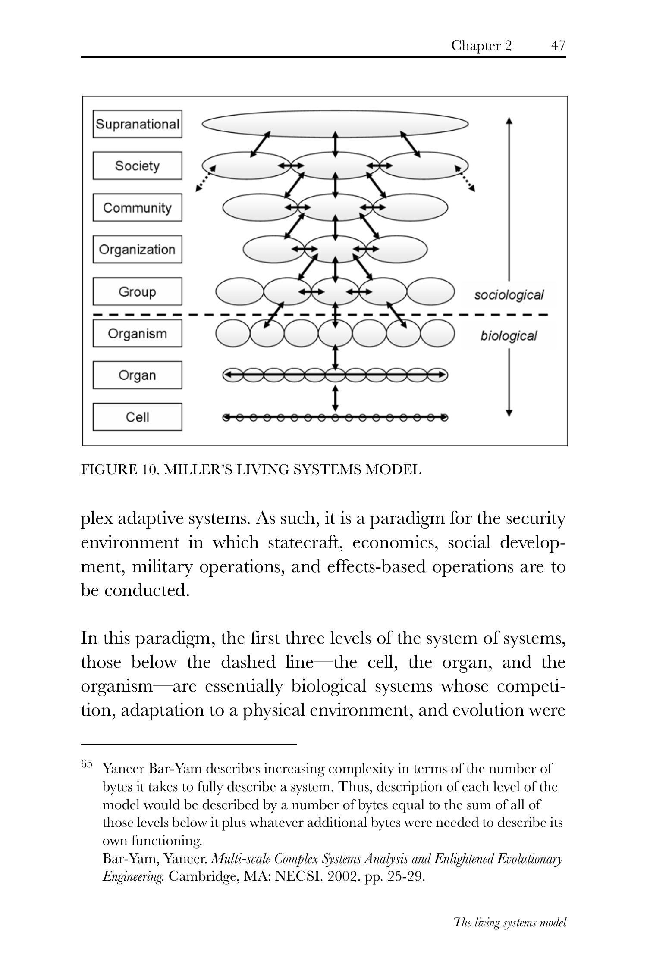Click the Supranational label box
[137, 124]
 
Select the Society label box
[137, 166]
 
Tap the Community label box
[137, 207]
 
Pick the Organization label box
[137, 249]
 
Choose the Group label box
[137, 291]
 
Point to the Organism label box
[137, 333]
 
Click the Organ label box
[137, 375]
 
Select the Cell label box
[137, 417]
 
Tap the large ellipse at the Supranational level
[335, 124]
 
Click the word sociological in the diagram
[509, 295]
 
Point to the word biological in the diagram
[509, 336]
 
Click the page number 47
[558, 45]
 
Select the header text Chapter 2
[481, 45]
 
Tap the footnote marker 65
[86, 764]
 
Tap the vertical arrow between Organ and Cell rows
[336, 398]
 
